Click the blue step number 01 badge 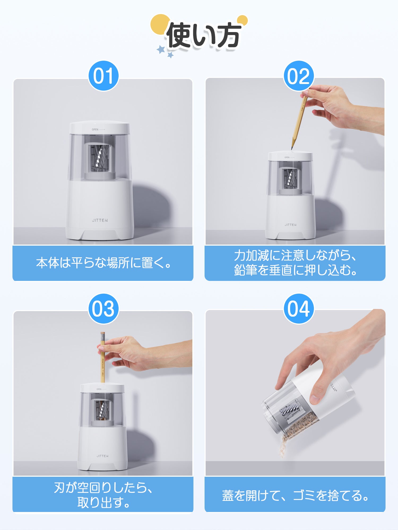[103, 76]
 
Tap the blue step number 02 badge [299, 76]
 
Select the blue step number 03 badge [103, 309]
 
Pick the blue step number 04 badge [299, 309]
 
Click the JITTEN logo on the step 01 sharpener [100, 220]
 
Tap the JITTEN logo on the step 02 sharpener [291, 225]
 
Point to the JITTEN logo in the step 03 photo [102, 456]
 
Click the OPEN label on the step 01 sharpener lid [95, 130]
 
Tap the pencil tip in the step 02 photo [292, 149]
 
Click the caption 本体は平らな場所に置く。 [103, 263]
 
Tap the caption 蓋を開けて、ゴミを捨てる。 [295, 495]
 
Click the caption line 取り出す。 [103, 502]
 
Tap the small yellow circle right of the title [242, 20]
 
